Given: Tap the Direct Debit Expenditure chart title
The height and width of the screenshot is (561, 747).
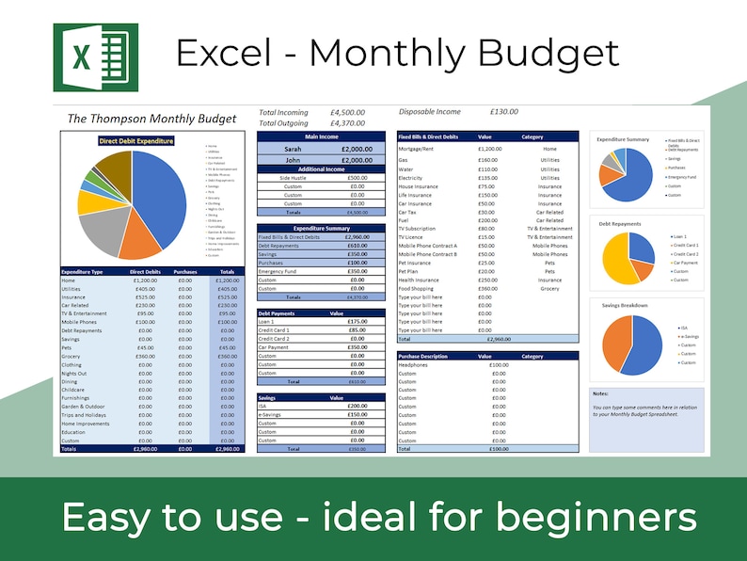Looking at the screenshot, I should [137, 141].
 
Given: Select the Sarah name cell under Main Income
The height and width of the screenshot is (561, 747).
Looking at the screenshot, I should [293, 149].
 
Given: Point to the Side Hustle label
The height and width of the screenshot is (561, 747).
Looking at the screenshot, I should [293, 178].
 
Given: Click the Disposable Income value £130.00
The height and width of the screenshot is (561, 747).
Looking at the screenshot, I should [503, 112].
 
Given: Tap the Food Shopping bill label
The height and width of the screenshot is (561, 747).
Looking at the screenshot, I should [417, 288].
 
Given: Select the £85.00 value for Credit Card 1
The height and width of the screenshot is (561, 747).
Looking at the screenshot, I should [357, 330].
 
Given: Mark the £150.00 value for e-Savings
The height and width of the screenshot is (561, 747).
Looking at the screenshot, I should [357, 415].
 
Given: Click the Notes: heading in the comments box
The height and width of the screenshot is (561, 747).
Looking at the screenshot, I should [600, 393].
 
